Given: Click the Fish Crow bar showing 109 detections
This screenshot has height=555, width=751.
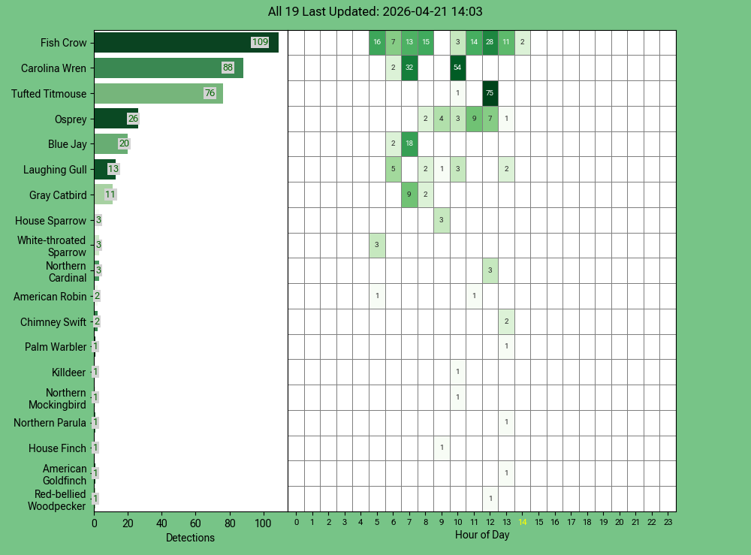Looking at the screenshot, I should [x=185, y=43].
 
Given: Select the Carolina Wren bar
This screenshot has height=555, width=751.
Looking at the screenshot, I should [x=168, y=68].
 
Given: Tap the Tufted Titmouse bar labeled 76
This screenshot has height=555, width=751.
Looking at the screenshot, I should [x=158, y=94].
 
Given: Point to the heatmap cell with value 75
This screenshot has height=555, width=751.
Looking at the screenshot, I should [x=490, y=93].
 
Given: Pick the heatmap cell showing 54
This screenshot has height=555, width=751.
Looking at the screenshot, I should [x=457, y=68].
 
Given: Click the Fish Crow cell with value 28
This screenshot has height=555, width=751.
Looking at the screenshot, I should [x=490, y=42].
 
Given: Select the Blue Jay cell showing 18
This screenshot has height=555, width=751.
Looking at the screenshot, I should [x=409, y=143].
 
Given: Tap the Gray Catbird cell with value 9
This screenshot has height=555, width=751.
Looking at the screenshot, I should [x=409, y=195].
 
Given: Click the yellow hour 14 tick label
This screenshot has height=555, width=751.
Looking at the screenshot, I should [x=523, y=523].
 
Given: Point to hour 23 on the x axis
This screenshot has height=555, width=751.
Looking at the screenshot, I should [x=668, y=523].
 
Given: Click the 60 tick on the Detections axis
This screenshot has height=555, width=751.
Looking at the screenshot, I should [x=195, y=523].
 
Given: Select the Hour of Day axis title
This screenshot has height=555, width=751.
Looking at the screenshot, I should [x=481, y=535].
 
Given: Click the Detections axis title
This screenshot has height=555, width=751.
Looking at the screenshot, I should [x=190, y=538].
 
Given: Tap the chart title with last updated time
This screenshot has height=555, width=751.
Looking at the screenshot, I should [x=375, y=12].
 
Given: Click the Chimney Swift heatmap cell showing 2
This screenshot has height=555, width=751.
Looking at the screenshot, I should [x=506, y=321].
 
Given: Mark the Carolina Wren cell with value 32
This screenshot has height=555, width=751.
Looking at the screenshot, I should [x=409, y=68].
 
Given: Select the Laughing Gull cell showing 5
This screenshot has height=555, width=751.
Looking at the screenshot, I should [x=393, y=169].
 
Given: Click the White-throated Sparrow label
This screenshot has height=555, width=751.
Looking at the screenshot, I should [x=52, y=246].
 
